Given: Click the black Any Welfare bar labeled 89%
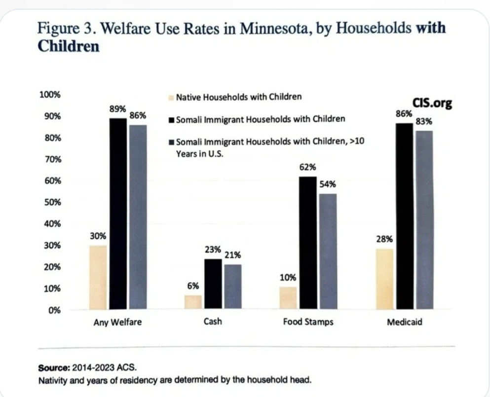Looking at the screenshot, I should [x=117, y=214].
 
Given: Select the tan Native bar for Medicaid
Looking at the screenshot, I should [x=385, y=279].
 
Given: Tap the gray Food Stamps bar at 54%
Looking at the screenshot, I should [x=327, y=251].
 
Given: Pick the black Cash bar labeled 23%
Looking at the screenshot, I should [x=213, y=284].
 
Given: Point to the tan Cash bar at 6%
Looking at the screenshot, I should [x=193, y=302].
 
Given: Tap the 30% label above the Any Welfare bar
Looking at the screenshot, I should [x=97, y=236].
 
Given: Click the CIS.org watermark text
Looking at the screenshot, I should [x=432, y=104].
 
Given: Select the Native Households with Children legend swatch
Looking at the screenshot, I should [x=171, y=97].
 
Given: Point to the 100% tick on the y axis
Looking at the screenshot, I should [x=50, y=95].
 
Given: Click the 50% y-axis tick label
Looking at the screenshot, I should [x=51, y=202].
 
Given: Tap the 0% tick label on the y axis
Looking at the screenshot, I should [x=53, y=310].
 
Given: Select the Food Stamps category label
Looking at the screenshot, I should [x=308, y=322].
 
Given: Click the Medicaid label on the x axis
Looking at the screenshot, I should [x=404, y=322].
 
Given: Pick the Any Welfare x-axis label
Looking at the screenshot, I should [x=117, y=323].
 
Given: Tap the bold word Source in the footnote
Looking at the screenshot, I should [x=53, y=368].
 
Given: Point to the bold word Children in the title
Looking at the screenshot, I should [x=68, y=47].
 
